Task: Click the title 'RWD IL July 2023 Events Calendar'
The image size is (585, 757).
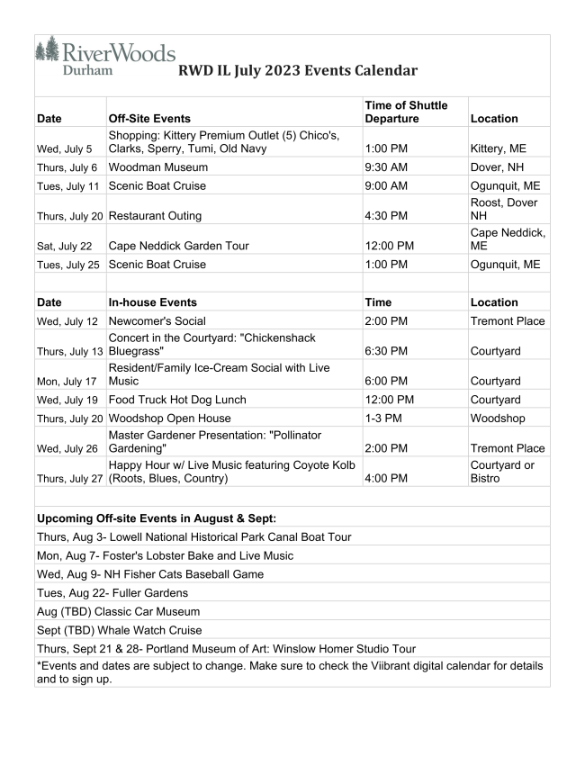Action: click(x=297, y=71)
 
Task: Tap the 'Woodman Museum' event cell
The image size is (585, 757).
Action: click(x=157, y=167)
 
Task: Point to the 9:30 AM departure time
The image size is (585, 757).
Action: click(x=386, y=167)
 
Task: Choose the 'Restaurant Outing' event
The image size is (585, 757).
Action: click(x=155, y=216)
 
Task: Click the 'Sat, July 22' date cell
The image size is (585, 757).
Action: click(x=65, y=246)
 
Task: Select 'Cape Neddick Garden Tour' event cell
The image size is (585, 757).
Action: click(x=178, y=246)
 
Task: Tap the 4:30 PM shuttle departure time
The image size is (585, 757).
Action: click(x=386, y=216)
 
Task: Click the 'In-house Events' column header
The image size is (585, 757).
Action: click(x=152, y=302)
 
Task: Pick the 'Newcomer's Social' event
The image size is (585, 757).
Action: click(x=157, y=321)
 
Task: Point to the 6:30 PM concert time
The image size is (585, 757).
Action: click(x=386, y=351)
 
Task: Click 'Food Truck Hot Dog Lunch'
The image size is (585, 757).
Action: click(x=177, y=400)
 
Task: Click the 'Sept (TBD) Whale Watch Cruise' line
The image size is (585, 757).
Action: click(x=119, y=630)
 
